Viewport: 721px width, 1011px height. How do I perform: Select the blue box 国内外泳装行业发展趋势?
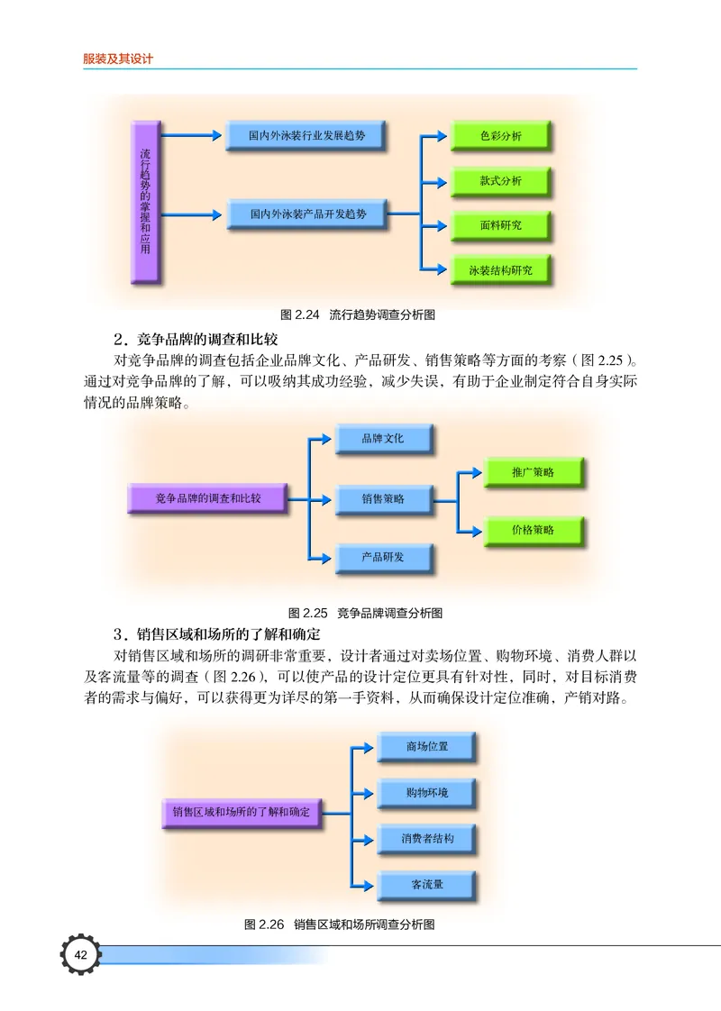pos(307,135)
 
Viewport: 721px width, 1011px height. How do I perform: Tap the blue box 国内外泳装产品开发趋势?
pos(307,214)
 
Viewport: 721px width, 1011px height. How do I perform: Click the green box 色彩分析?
pos(500,136)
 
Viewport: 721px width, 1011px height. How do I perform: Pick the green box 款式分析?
pos(500,181)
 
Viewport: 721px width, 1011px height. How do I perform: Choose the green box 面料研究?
pos(500,225)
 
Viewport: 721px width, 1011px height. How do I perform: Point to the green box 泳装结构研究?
pos(500,269)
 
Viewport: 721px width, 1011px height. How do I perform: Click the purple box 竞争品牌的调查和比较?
pos(207,498)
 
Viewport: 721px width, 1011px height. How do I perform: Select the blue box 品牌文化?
pos(383,439)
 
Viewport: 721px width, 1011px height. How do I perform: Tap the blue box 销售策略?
pos(383,498)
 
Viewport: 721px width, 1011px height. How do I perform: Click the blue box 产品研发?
pos(383,558)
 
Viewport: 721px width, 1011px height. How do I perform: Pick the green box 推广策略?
pos(533,472)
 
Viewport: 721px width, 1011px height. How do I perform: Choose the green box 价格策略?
pos(533,530)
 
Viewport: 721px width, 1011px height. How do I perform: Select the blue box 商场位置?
pos(426,747)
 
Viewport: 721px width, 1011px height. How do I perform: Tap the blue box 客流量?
pos(426,885)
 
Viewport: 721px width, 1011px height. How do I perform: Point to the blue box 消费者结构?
pos(426,839)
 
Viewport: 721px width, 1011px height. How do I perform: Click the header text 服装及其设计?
pos(118,59)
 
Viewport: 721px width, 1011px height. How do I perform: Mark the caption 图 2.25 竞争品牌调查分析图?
pos(365,613)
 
